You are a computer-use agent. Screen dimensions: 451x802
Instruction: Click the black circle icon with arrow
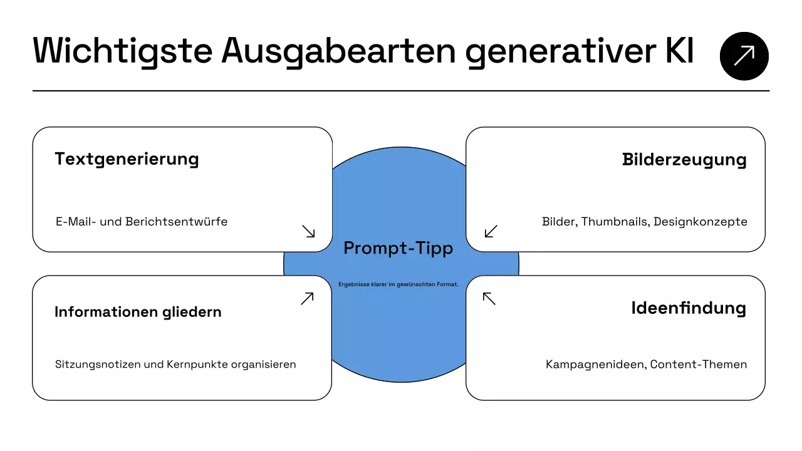pyautogui.click(x=744, y=56)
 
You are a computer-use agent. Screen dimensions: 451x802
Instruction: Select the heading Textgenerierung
pyautogui.click(x=127, y=159)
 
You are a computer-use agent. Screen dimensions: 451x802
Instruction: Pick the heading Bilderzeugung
pyautogui.click(x=684, y=160)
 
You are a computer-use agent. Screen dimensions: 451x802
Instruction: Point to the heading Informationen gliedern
pyautogui.click(x=138, y=312)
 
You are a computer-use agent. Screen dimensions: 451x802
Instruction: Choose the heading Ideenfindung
pyautogui.click(x=689, y=308)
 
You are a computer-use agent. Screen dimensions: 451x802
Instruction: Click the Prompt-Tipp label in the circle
pyautogui.click(x=398, y=249)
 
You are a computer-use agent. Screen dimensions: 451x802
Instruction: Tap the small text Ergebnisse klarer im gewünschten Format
pyautogui.click(x=398, y=284)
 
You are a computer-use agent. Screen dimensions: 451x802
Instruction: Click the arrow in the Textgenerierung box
pyautogui.click(x=308, y=231)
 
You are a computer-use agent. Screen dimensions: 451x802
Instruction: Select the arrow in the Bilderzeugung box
pyautogui.click(x=491, y=231)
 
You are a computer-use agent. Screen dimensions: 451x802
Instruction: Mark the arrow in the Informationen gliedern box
pyautogui.click(x=307, y=298)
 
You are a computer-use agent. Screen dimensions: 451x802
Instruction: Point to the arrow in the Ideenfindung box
pyautogui.click(x=489, y=298)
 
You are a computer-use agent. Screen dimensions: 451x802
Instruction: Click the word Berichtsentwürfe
pyautogui.click(x=176, y=222)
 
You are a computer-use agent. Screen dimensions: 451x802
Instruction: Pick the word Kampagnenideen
pyautogui.click(x=594, y=365)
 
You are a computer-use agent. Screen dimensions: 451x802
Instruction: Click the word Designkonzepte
pyautogui.click(x=700, y=222)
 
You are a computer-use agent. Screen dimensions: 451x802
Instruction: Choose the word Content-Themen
pyautogui.click(x=699, y=365)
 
